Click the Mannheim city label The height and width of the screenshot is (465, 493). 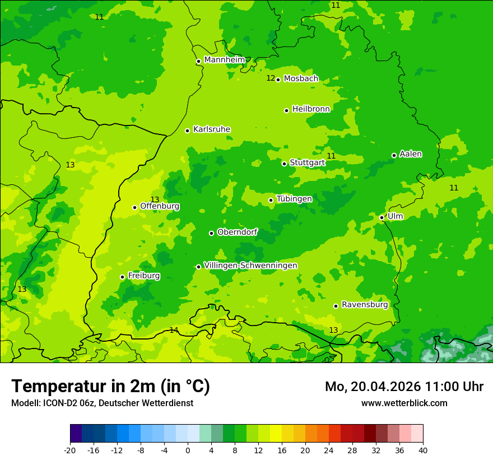click(x=225, y=60)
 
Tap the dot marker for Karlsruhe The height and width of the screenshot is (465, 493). click(x=187, y=131)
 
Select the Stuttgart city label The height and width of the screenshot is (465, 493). click(x=308, y=163)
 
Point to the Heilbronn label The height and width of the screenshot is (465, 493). click(x=311, y=109)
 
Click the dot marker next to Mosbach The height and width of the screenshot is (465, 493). click(x=278, y=80)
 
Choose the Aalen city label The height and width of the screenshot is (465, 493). click(x=411, y=154)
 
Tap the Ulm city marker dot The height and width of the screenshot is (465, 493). click(x=382, y=217)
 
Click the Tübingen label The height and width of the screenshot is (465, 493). click(x=294, y=199)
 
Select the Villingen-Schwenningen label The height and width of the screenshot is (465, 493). click(x=250, y=266)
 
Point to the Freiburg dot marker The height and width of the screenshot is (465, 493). click(x=122, y=277)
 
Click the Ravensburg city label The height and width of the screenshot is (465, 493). click(x=365, y=305)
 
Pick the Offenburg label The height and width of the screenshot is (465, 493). click(x=160, y=206)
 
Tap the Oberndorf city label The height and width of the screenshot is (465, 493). click(x=237, y=232)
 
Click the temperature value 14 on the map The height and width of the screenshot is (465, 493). click(x=174, y=330)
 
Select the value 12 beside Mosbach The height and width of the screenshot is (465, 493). click(x=271, y=78)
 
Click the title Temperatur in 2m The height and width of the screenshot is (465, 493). click(x=110, y=387)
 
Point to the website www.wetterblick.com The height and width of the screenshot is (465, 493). click(x=404, y=403)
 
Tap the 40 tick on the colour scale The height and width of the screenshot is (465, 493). click(x=423, y=450)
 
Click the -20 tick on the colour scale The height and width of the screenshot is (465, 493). click(x=70, y=450)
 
